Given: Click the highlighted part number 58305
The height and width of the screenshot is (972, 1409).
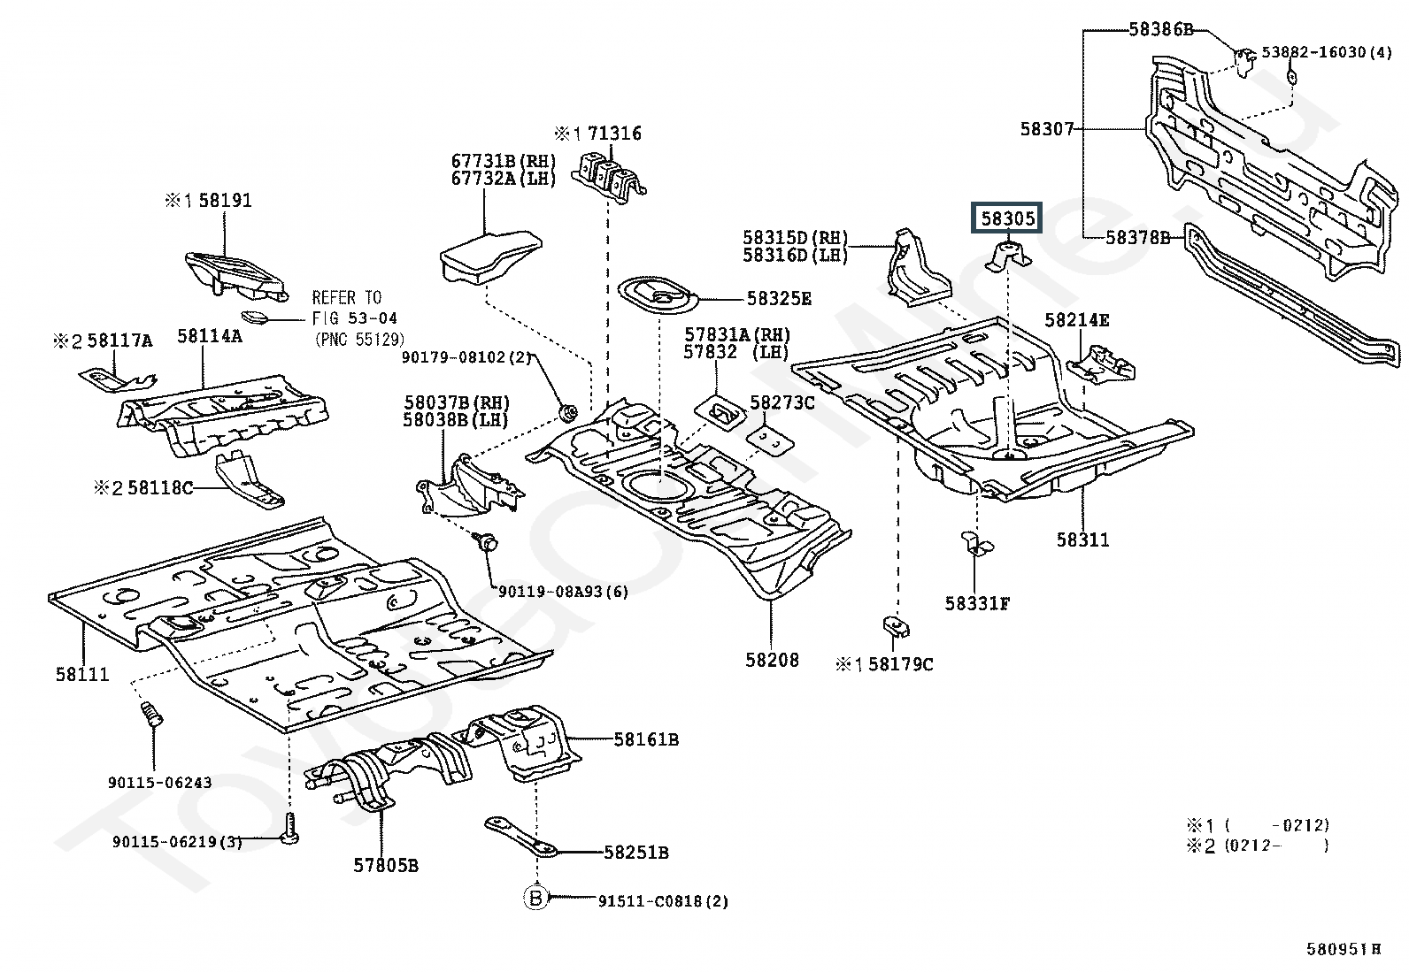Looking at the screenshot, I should [1008, 218].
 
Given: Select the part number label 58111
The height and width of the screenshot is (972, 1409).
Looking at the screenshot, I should [82, 674].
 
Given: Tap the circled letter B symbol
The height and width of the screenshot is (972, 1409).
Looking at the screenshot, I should [535, 899].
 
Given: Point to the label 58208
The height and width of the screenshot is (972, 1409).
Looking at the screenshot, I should [772, 660].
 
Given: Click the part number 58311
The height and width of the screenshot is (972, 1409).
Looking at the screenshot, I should [1082, 539].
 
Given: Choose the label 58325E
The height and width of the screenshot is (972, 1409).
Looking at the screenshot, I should [779, 299].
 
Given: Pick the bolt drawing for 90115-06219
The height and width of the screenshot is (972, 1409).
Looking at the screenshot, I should [289, 829].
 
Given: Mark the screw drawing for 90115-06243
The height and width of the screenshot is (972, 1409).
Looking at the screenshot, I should [152, 714].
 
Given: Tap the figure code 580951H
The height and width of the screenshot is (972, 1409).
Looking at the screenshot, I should [1344, 949].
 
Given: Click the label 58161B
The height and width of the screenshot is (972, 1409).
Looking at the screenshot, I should [646, 739].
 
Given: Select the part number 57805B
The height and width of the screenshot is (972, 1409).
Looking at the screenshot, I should [386, 865].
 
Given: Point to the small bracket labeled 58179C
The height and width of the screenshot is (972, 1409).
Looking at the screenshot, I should [896, 627].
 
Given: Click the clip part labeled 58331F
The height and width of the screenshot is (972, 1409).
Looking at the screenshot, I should [975, 546].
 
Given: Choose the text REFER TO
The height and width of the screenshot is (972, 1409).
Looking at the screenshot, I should [347, 298].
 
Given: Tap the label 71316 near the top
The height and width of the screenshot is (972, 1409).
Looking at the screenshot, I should [615, 134].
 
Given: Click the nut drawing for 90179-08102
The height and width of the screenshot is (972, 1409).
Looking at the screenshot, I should [570, 412].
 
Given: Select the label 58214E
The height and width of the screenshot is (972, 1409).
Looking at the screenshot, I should [1076, 320].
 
